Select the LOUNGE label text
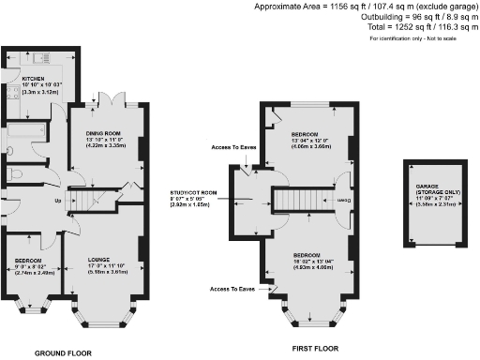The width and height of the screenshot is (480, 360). (x=99, y=258)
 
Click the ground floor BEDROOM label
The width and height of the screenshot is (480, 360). (x=27, y=260)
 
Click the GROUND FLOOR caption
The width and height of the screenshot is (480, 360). (x=64, y=352)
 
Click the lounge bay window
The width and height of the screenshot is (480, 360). (x=98, y=319)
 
